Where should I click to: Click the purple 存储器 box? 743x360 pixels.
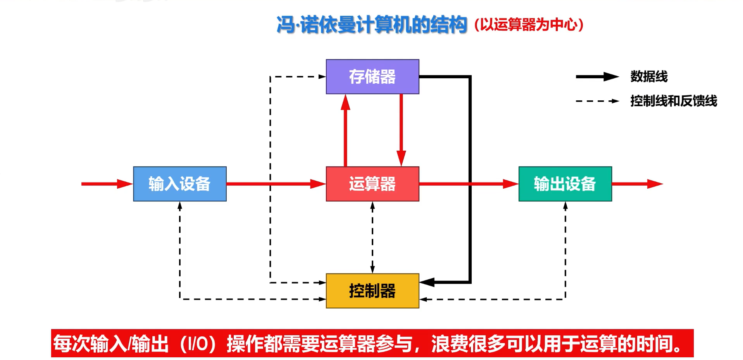pyautogui.click(x=372, y=76)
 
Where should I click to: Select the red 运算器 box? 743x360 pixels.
pyautogui.click(x=372, y=184)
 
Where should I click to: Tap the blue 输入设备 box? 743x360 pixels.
pyautogui.click(x=179, y=184)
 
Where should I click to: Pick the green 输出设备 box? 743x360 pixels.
pyautogui.click(x=565, y=184)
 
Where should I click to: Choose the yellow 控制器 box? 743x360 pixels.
pyautogui.click(x=372, y=291)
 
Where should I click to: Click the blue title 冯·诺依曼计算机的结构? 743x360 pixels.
pyautogui.click(x=371, y=25)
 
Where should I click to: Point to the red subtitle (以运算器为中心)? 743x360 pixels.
pyautogui.click(x=529, y=25)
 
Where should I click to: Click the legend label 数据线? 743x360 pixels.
pyautogui.click(x=649, y=76)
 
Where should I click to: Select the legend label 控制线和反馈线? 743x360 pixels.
pyautogui.click(x=673, y=101)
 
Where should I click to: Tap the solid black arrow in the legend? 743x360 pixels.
pyautogui.click(x=597, y=76)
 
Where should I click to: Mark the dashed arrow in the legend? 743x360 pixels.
pyautogui.click(x=597, y=101)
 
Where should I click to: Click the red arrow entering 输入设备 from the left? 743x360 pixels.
pyautogui.click(x=107, y=184)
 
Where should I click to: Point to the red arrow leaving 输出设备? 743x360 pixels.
pyautogui.click(x=637, y=184)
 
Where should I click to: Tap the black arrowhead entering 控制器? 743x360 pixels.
pyautogui.click(x=428, y=282)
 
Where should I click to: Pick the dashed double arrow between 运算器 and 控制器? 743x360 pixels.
pyautogui.click(x=372, y=237)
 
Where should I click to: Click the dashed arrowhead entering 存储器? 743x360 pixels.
pyautogui.click(x=322, y=77)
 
